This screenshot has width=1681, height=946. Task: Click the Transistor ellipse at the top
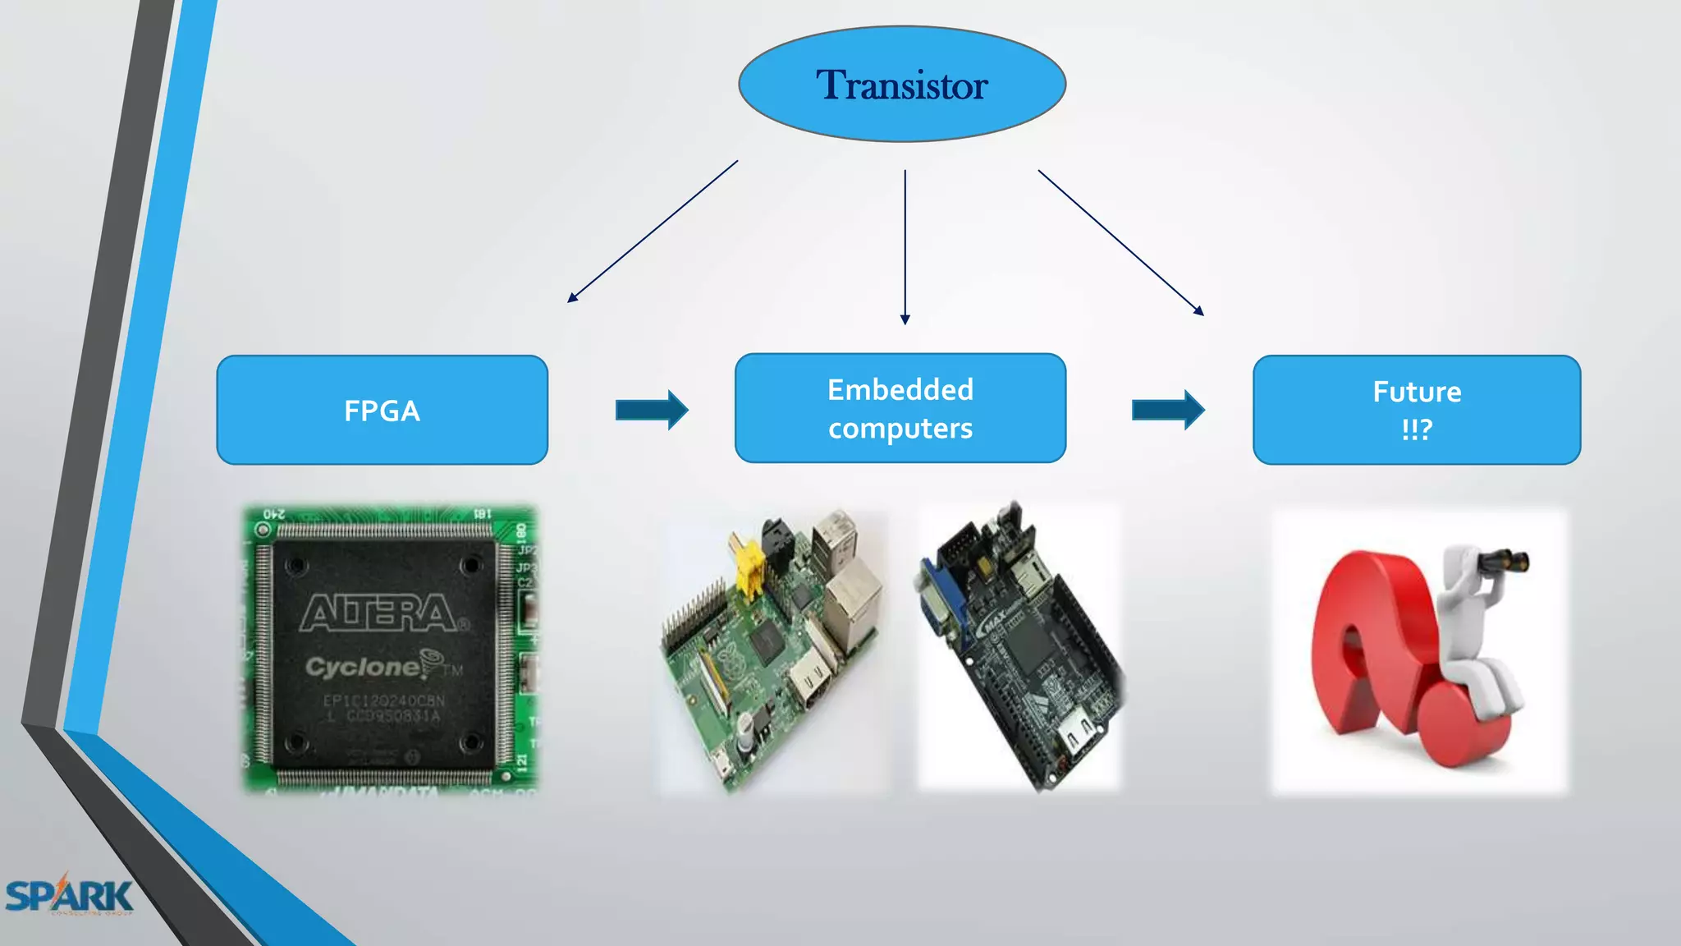pos(902,84)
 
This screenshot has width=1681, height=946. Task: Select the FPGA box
pos(382,410)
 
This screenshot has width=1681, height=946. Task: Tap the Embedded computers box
pos(900,408)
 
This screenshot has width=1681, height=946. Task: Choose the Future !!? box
pos(1417,410)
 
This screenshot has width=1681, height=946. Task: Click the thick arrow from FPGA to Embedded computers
pos(652,410)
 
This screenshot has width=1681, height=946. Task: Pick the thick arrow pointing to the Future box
pos(1168,410)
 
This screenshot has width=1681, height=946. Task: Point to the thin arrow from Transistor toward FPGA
pos(653,232)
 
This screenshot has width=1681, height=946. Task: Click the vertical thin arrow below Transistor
pos(905,246)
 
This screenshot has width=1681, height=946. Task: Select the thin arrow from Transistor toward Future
pos(1120,242)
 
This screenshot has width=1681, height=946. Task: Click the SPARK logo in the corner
pos(69,896)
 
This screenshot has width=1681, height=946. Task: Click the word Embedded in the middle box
pos(900,389)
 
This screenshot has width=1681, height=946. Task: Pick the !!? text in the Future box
pos(1417,429)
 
